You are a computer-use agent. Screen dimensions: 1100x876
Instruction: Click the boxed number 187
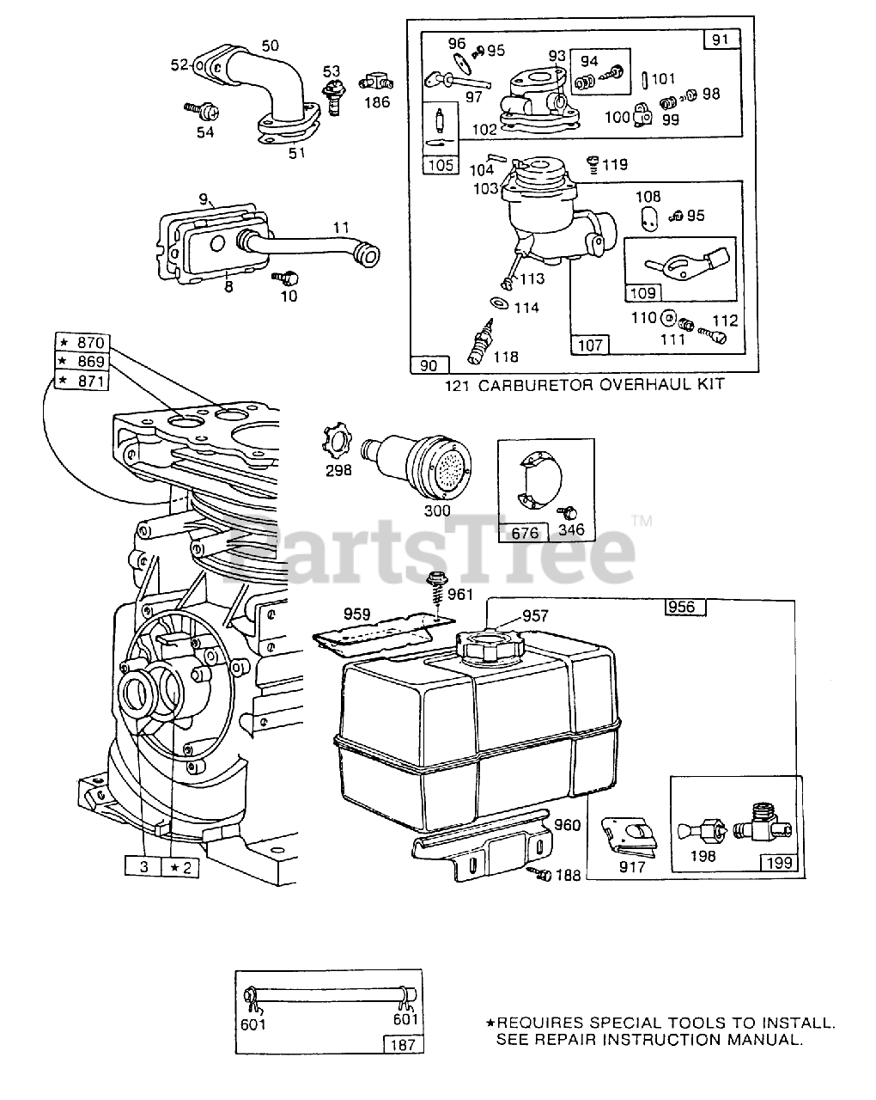tap(402, 1045)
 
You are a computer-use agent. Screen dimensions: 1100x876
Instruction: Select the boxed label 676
tap(525, 533)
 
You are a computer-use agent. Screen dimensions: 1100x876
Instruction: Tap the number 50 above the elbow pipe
tap(270, 46)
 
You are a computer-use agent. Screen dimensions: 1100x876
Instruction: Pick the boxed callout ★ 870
tap(84, 343)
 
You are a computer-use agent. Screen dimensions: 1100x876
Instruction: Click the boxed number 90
tap(428, 365)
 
